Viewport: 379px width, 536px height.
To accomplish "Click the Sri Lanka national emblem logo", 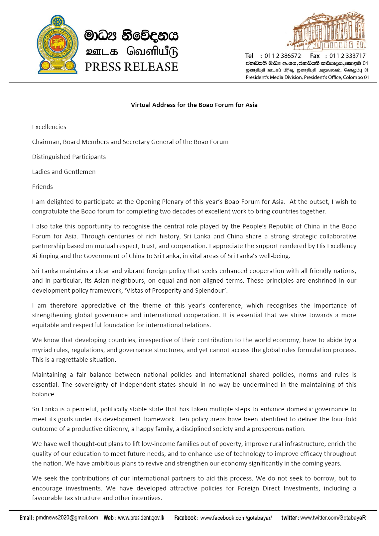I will coord(57,45).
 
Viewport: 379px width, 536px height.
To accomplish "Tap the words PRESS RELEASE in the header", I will coord(131,67).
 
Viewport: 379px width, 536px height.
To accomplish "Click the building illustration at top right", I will coord(327,31).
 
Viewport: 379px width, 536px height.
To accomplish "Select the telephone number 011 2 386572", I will coord(283,56).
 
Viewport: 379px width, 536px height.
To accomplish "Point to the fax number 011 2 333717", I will coord(347,56).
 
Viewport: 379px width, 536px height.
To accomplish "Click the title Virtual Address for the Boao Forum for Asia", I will coord(194,105).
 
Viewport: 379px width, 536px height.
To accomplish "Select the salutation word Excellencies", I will coord(49,127).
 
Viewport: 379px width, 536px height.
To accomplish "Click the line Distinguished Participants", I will coord(69,157).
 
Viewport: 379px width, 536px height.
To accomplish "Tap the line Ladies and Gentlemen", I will coord(64,172).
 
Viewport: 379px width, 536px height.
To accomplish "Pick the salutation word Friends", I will coord(43,187).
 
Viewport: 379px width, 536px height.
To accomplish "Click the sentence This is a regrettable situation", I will coord(74,360).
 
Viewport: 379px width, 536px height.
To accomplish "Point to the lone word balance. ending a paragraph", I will coord(44,394).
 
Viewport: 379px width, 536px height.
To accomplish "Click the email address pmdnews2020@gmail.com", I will coord(67,518).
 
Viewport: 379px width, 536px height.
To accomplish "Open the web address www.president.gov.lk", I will coord(141,518).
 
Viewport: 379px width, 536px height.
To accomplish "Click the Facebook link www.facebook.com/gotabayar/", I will coord(236,518).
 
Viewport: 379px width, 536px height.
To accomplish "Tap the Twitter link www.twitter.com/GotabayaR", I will coord(333,518).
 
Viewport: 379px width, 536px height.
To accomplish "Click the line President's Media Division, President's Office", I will coord(307,77).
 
